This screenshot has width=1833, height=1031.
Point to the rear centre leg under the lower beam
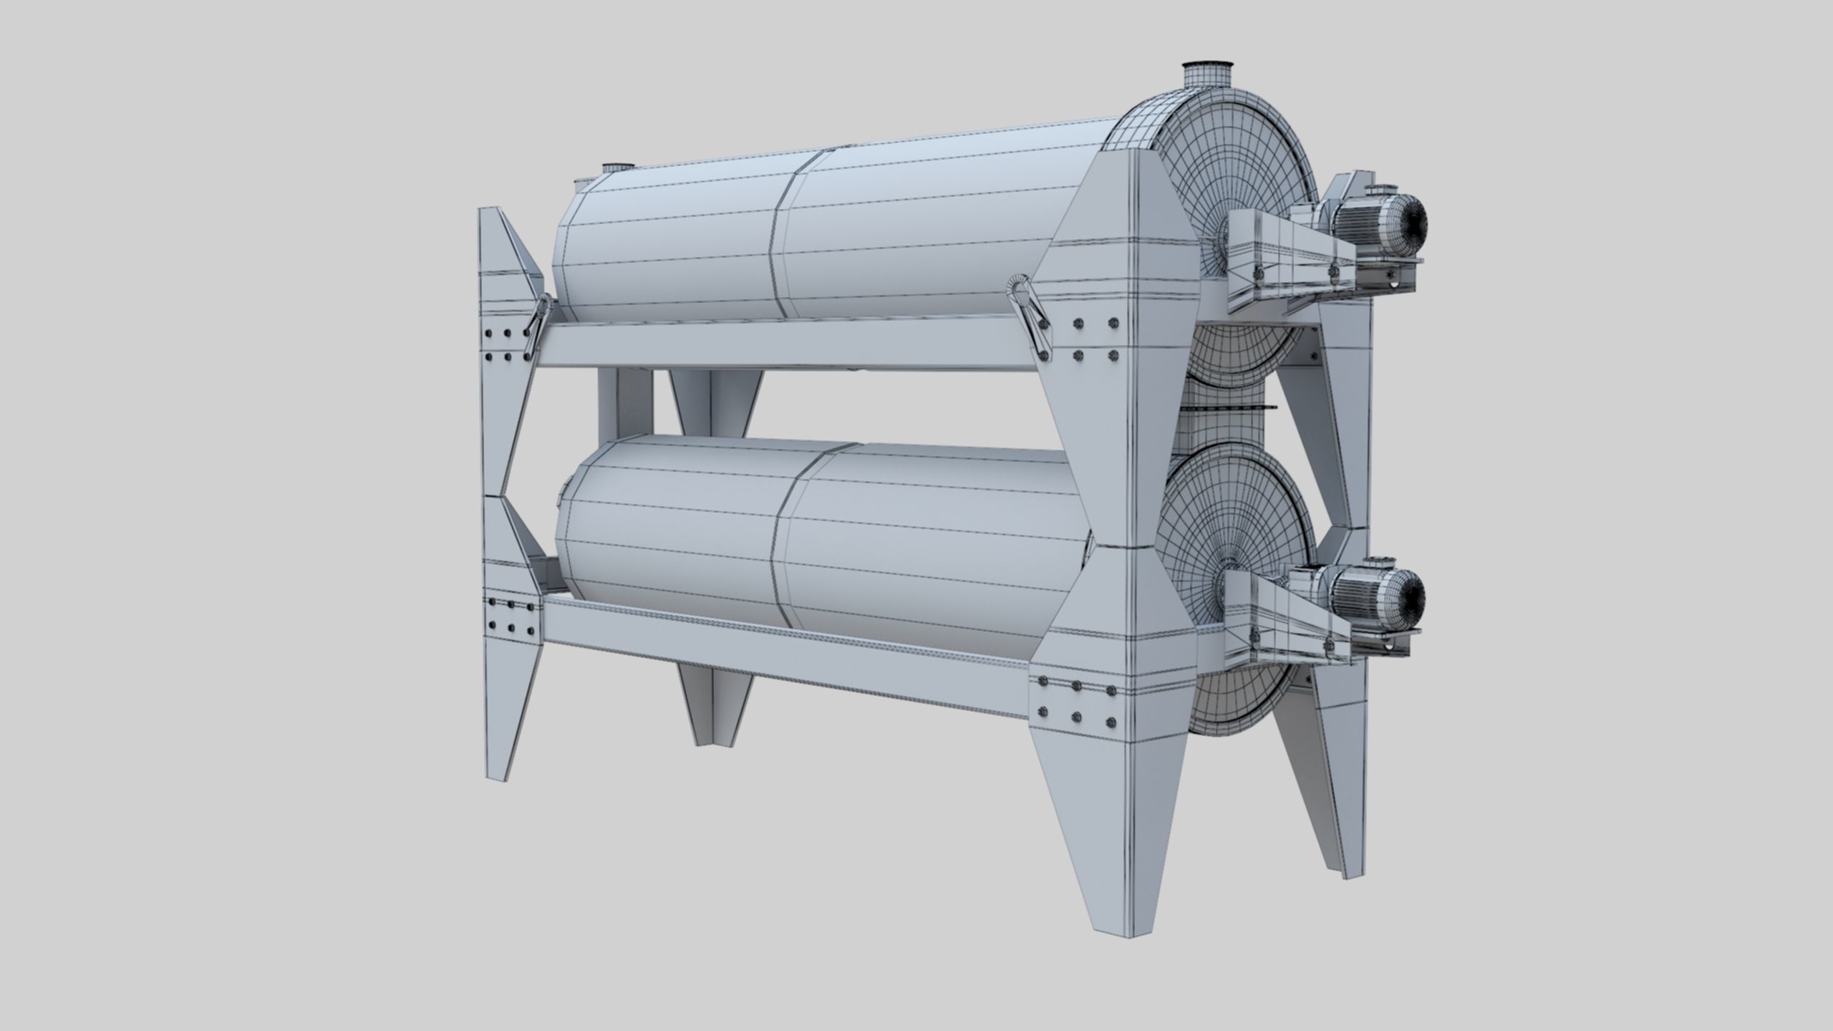tap(716, 723)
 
